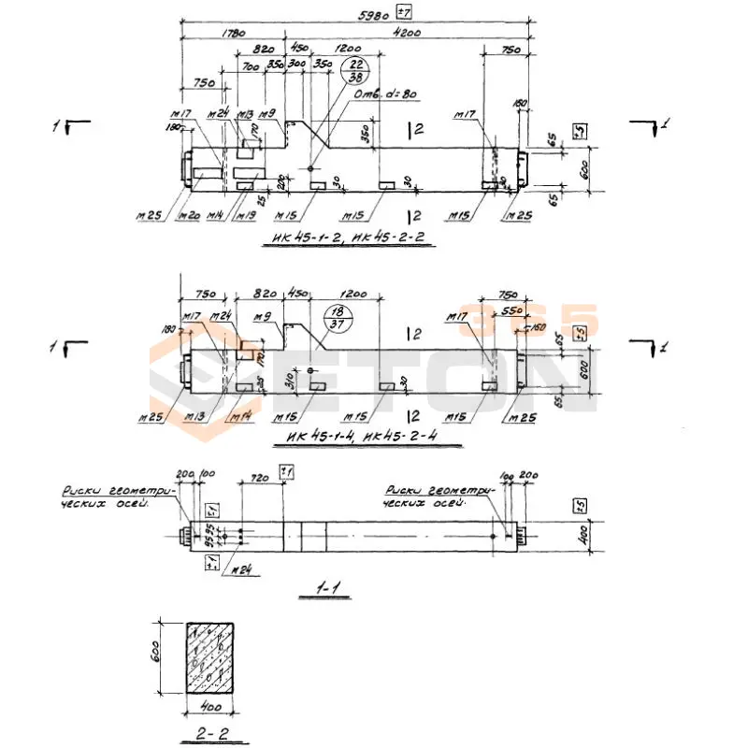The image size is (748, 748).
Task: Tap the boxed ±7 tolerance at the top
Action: click(x=405, y=12)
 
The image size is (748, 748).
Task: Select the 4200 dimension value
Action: click(x=408, y=34)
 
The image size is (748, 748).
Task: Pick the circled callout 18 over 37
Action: click(x=336, y=317)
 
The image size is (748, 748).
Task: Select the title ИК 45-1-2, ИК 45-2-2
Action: click(x=350, y=237)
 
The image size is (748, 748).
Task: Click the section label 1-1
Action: click(x=327, y=589)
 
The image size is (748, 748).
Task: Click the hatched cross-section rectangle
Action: click(x=210, y=658)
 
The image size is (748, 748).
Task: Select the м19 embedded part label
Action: click(x=247, y=216)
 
